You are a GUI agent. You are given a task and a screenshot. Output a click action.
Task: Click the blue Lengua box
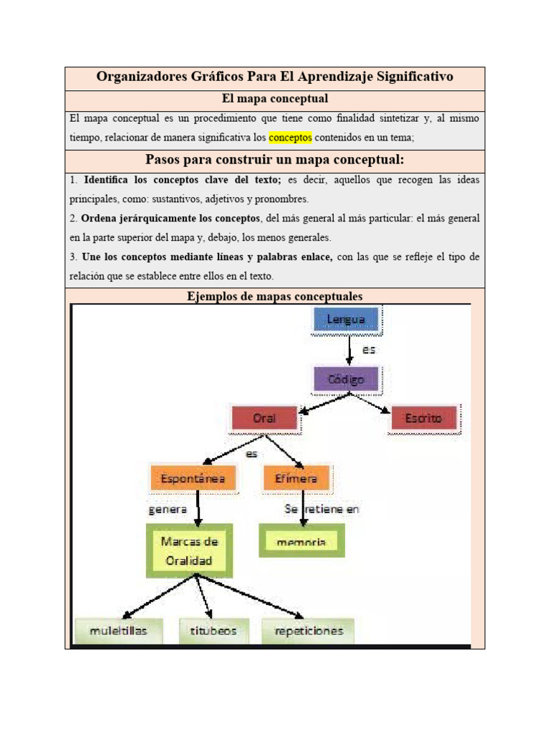[x=347, y=319]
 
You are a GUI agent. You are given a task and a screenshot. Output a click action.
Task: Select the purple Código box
[x=347, y=379]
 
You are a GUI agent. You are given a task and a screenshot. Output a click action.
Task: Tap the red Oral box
[x=264, y=418]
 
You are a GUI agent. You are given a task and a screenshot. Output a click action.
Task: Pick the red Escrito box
[x=423, y=418]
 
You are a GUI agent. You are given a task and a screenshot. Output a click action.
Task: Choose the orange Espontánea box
[x=193, y=477]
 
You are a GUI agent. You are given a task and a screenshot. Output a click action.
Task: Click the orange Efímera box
[x=296, y=477]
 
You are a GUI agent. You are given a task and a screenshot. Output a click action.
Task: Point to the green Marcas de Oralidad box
[x=189, y=550]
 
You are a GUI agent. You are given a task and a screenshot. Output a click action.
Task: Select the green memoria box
[x=301, y=542]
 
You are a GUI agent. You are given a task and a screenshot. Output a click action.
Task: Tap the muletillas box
[x=119, y=631]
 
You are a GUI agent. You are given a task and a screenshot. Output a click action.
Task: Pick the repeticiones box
[x=308, y=631]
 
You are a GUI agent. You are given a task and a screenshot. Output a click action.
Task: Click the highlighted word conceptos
[x=290, y=137]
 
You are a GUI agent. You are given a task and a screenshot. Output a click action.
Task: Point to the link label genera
[x=168, y=510]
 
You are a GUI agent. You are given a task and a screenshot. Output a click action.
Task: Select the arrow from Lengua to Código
[x=349, y=350]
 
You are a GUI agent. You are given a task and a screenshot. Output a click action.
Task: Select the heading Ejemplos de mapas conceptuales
[x=275, y=296]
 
